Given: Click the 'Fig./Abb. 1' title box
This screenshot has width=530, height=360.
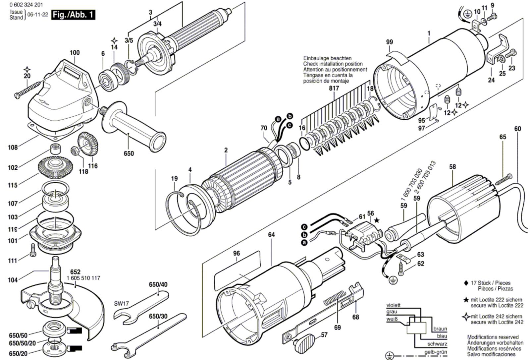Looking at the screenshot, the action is (73, 15).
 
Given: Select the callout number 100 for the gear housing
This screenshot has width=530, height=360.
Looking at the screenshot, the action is (75, 53).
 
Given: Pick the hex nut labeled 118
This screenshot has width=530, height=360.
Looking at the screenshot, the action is (75, 150).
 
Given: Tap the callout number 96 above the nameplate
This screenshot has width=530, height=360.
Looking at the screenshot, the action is (237, 253).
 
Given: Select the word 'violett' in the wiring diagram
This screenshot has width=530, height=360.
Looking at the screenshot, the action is (394, 305).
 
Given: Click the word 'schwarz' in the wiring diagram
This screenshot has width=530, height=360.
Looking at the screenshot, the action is (437, 344).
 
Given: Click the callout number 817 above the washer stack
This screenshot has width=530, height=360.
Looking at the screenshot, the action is (334, 88).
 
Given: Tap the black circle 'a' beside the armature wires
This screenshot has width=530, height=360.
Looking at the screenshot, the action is (278, 119).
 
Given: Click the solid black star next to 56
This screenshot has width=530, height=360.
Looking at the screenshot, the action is (377, 220).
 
